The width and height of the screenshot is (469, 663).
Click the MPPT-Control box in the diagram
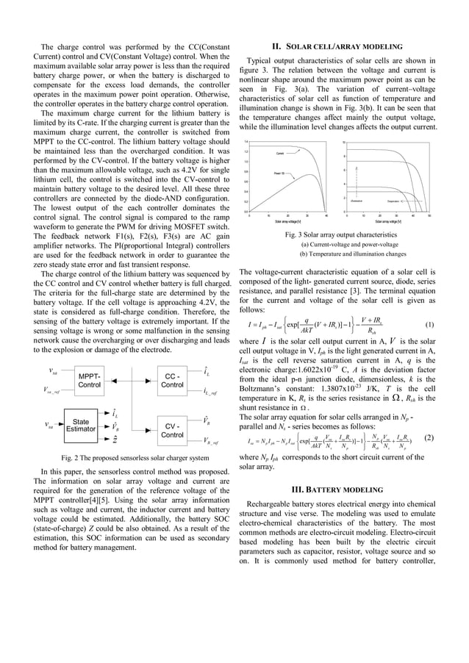(x=89, y=381)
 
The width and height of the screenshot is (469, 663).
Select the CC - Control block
(x=172, y=381)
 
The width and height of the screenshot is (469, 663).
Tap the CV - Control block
(x=172, y=430)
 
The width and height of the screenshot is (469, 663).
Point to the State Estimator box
(x=81, y=426)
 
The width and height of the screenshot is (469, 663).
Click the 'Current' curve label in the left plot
(x=280, y=153)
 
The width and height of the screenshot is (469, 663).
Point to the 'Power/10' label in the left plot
(x=279, y=172)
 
